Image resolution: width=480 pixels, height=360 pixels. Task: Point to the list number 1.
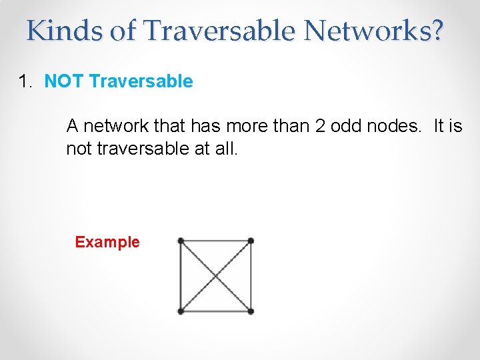tap(26, 82)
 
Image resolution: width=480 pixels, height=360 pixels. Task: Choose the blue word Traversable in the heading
tap(141, 82)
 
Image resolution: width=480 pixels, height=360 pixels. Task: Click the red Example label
tap(107, 242)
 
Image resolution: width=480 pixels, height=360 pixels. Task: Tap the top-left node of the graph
tap(181, 241)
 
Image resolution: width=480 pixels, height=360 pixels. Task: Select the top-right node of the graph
tap(251, 241)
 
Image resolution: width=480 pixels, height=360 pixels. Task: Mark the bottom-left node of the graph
tap(181, 311)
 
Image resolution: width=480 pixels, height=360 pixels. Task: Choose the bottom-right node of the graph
tap(251, 311)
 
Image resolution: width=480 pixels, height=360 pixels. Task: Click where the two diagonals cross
tap(215, 275)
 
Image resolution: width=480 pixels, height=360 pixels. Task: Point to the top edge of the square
tap(215, 241)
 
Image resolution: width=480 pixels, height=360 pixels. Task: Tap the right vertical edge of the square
tap(251, 275)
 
